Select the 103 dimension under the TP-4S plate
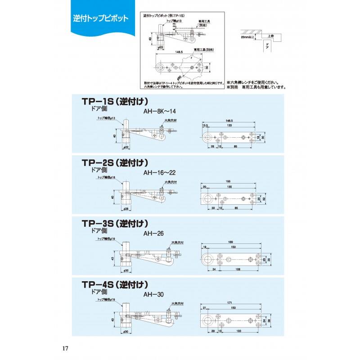239,331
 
